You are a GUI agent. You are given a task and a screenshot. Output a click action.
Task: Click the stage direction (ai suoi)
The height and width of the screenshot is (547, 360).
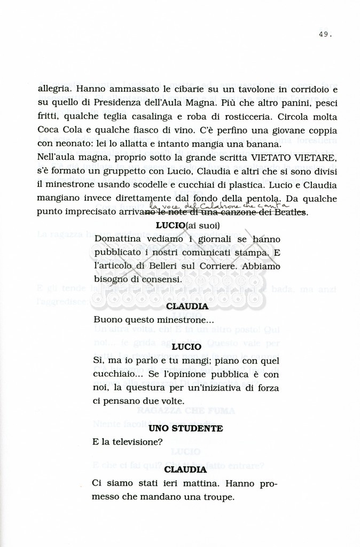202,226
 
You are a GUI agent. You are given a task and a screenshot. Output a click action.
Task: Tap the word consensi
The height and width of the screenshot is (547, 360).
161,279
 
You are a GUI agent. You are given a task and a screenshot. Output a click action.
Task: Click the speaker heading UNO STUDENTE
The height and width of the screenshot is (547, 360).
185,428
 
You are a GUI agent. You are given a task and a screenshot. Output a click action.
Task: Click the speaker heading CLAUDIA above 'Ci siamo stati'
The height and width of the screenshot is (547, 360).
185,470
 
